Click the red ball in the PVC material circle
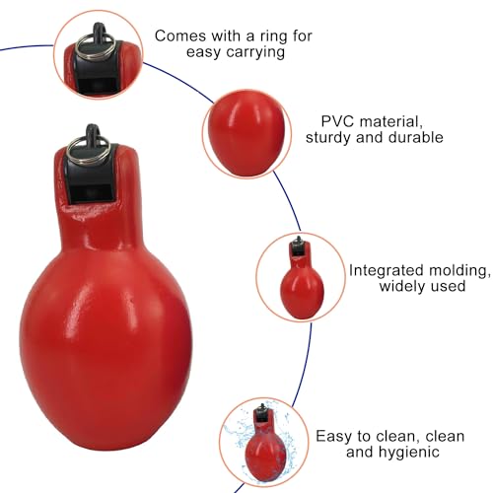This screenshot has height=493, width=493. (247, 133)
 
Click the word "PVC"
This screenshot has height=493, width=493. (337, 121)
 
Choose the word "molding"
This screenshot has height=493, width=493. (458, 270)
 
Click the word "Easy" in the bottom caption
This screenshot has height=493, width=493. (334, 437)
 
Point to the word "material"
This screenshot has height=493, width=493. (390, 121)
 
